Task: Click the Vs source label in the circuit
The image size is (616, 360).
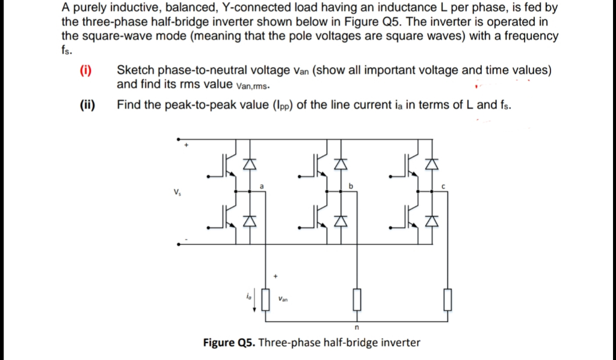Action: coord(176,194)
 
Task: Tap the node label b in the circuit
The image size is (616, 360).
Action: coord(351,187)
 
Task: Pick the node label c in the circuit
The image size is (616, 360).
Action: coord(442,187)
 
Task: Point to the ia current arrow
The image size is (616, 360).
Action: coord(255,299)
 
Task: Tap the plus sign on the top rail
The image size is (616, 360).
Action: coord(186,146)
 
